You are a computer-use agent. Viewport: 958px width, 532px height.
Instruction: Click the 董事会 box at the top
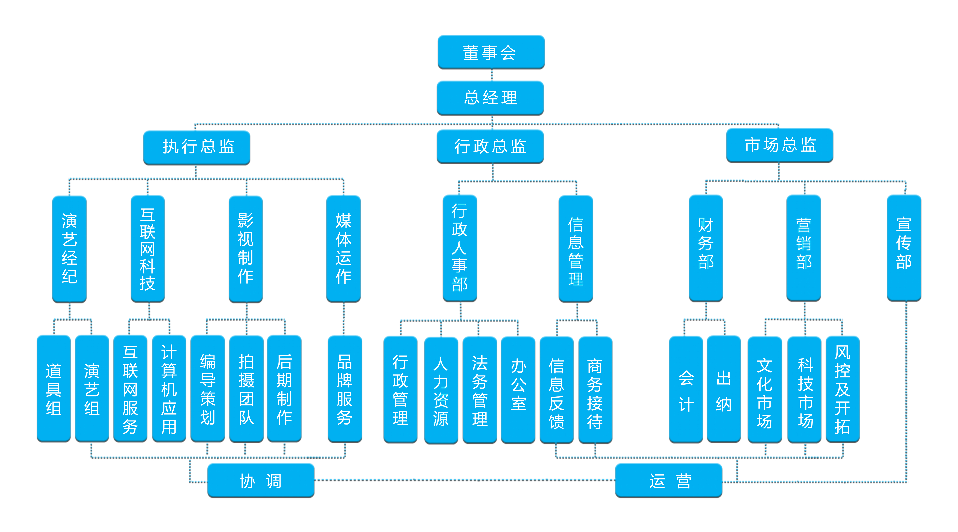tap(491, 52)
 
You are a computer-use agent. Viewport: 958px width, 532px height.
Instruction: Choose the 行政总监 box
tap(490, 146)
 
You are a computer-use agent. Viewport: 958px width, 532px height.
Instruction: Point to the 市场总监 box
tap(779, 145)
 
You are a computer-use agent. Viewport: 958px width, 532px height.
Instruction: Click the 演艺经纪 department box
tap(69, 248)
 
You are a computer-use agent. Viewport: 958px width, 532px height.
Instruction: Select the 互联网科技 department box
tap(148, 248)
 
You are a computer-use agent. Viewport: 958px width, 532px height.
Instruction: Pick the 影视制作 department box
tap(245, 248)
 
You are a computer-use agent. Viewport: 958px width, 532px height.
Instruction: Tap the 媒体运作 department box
tap(343, 248)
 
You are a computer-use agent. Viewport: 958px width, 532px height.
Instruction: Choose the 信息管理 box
tap(576, 248)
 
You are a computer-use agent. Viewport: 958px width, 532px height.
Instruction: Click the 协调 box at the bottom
tap(261, 480)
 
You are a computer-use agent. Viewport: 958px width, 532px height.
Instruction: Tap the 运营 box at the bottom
tap(669, 480)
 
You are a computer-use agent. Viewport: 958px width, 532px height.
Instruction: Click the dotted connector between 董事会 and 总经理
tap(492, 75)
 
